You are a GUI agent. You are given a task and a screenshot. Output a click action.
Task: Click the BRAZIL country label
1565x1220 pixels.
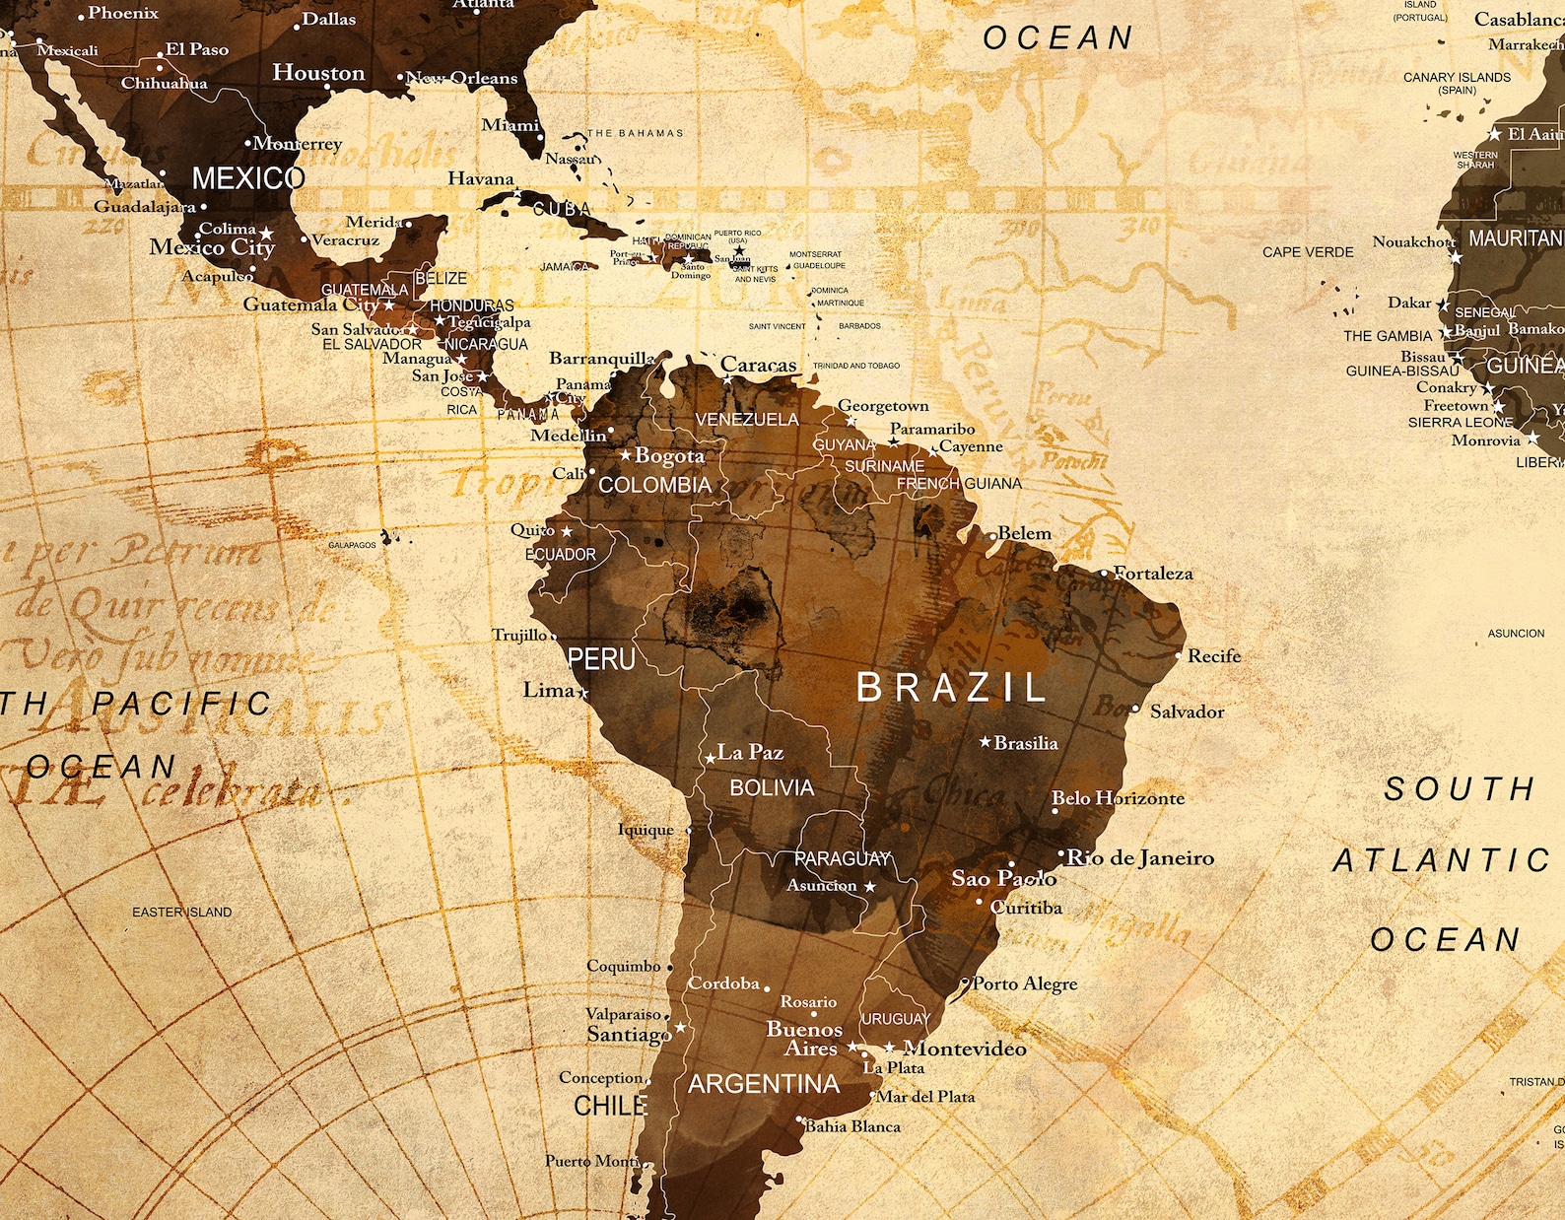point(951,687)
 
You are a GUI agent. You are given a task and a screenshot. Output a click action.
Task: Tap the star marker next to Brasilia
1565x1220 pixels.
point(985,741)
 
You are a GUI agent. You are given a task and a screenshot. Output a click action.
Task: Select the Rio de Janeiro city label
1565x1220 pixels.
point(1140,858)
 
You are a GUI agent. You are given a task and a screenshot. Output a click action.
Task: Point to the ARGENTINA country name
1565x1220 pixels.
point(764,1084)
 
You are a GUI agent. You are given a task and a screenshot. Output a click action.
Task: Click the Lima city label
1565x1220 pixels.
point(549,690)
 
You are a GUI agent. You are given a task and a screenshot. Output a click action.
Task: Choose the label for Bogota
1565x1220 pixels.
point(670,455)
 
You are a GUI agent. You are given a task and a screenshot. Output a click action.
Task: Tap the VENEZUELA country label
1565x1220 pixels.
point(747,419)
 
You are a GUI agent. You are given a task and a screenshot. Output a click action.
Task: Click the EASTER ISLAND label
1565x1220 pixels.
point(182,912)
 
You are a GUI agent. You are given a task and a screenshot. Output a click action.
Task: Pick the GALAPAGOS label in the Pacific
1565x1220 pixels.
point(352,545)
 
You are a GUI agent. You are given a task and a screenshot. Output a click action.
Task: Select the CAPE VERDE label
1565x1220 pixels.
point(1308,252)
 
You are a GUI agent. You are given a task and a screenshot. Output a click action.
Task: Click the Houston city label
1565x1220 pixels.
point(318,73)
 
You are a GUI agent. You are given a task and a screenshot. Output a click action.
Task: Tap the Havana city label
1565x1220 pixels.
point(481,178)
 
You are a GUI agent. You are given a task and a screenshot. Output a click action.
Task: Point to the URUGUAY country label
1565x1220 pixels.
point(896,1018)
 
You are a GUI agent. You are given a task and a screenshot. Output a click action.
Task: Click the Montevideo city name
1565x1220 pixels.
point(965,1049)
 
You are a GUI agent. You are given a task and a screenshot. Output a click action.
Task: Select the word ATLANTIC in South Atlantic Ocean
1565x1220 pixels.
point(1442,860)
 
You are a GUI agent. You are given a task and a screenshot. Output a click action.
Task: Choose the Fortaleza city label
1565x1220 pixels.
point(1153,573)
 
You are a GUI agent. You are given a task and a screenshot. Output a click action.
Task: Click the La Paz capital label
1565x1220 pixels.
point(750,752)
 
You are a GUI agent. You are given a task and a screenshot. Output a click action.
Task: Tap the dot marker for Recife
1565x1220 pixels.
point(1179,655)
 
